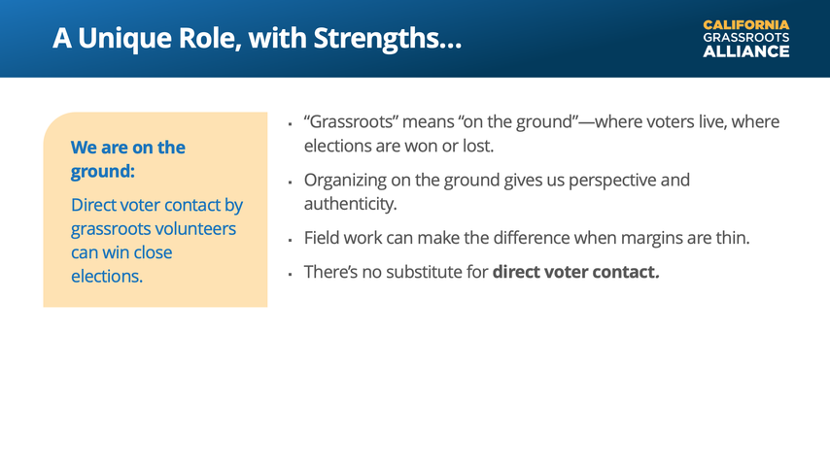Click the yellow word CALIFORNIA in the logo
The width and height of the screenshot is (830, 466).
(x=745, y=25)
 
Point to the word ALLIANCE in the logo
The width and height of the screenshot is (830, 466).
(x=745, y=51)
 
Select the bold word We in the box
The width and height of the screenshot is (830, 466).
(x=84, y=147)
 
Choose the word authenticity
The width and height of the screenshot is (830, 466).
(x=351, y=204)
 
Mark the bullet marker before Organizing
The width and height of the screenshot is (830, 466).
(x=290, y=183)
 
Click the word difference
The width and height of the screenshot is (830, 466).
(x=532, y=238)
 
